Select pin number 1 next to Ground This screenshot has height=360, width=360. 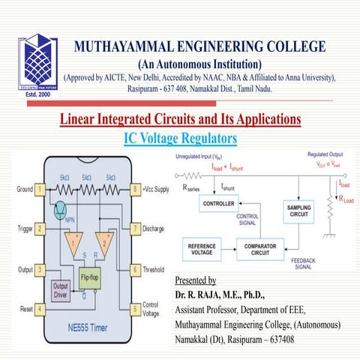(39, 190)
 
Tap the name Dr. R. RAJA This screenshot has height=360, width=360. (203, 295)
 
